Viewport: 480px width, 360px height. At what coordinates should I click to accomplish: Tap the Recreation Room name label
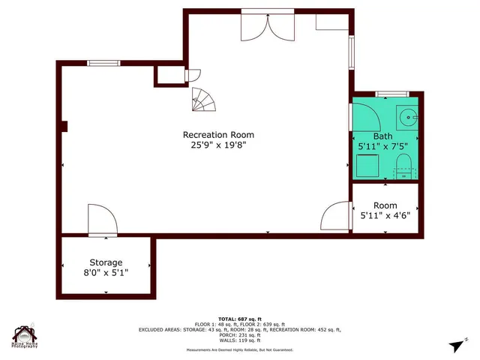click(x=214, y=135)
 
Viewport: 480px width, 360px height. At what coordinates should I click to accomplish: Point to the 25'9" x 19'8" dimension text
click(x=214, y=145)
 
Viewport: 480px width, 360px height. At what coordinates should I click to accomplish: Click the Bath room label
click(x=382, y=136)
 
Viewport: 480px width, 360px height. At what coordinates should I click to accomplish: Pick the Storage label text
click(x=106, y=262)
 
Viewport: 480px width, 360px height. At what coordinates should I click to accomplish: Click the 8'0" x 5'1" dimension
click(x=106, y=273)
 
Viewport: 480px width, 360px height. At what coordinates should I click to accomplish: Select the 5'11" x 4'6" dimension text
click(x=385, y=216)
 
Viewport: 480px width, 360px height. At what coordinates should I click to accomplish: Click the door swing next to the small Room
click(x=334, y=217)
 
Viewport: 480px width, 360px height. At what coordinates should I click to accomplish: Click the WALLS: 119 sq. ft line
click(x=239, y=340)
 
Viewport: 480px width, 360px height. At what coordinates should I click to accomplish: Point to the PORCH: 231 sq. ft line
click(x=239, y=334)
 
